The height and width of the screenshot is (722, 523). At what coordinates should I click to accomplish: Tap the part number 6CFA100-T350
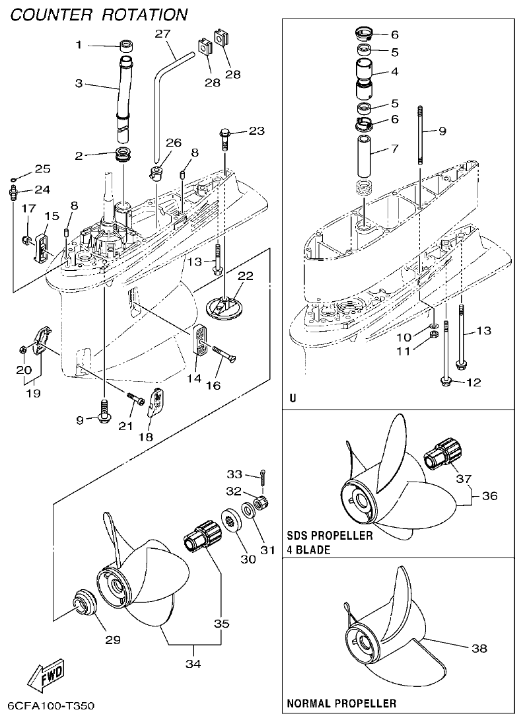pos(51,706)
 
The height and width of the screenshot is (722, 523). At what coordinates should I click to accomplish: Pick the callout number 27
pos(163,32)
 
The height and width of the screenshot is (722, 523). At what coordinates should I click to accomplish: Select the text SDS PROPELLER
pos(330,536)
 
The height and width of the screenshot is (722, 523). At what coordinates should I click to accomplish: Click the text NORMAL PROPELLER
pos(341,704)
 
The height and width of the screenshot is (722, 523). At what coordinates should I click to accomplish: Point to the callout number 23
pos(256,131)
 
